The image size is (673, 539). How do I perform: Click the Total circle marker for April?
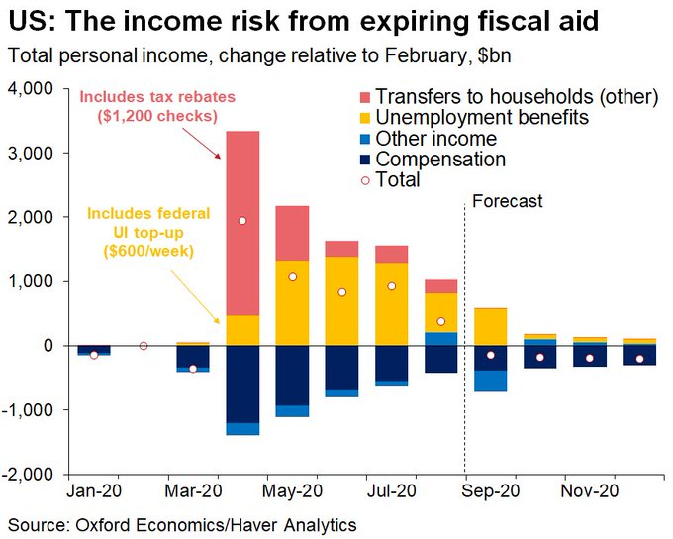(x=242, y=221)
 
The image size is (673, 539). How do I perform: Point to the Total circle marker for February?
(x=144, y=346)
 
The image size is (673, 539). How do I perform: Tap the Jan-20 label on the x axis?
(x=94, y=491)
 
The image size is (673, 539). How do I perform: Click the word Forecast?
(x=508, y=201)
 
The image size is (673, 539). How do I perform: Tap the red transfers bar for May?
(x=292, y=233)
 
